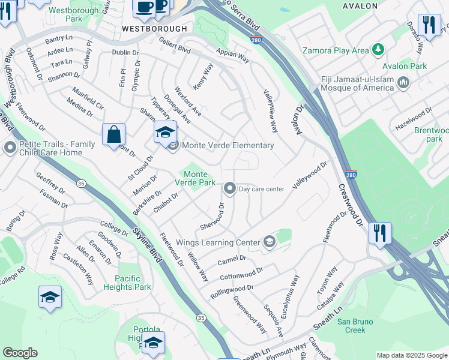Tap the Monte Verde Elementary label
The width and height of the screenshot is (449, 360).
click(x=228, y=145)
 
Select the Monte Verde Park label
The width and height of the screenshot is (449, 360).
click(x=195, y=178)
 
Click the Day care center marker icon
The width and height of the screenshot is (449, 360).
click(x=229, y=189)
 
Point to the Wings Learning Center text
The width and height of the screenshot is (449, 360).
click(x=217, y=243)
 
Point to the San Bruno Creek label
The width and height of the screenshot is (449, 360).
click(x=355, y=326)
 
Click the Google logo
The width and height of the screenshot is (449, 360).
click(x=20, y=352)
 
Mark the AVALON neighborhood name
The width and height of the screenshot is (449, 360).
click(x=360, y=6)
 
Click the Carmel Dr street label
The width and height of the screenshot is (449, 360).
click(x=232, y=259)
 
